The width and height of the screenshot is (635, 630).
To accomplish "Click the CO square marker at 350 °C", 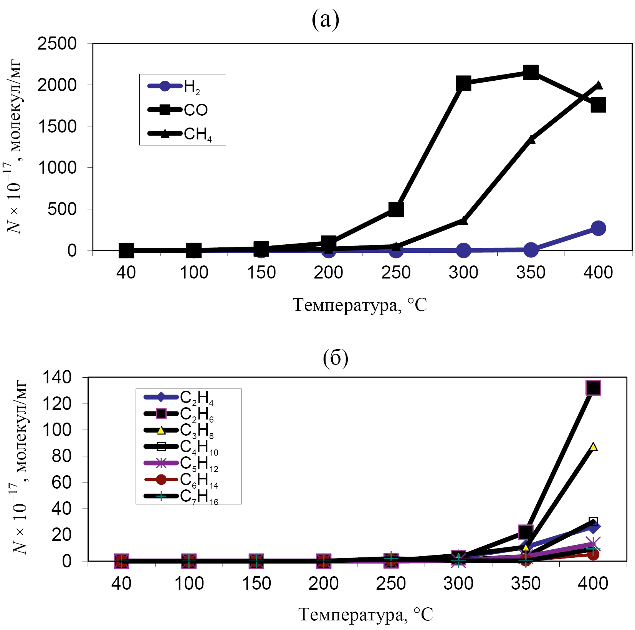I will tap(531, 72).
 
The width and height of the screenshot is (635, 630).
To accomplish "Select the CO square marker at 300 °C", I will tap(463, 83).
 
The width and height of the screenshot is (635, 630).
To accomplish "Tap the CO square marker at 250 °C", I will tap(396, 209).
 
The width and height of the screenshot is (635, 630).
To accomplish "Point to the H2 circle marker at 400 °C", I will tap(598, 228).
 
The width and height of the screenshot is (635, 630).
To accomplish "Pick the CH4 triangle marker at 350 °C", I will tap(531, 139).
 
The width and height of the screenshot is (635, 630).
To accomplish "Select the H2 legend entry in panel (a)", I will tap(175, 86).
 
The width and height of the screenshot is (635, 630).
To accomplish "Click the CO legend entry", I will tap(178, 110).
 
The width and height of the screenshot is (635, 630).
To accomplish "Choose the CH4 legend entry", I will tap(180, 134).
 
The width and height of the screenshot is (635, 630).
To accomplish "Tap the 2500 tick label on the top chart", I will tap(57, 44).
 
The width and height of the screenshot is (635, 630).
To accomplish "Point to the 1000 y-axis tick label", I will tap(57, 168).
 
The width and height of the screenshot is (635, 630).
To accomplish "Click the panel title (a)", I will tap(325, 19).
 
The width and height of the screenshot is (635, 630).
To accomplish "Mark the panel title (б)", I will tap(335, 358).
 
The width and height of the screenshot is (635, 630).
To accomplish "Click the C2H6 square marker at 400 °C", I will tap(593, 388).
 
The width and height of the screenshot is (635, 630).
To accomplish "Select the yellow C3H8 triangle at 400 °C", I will tap(593, 446).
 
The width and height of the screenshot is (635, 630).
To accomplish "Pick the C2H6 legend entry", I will tap(179, 414).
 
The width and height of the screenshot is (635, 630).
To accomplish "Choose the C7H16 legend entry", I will tap(180, 496).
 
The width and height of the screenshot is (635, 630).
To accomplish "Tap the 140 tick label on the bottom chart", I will tap(57, 377).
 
